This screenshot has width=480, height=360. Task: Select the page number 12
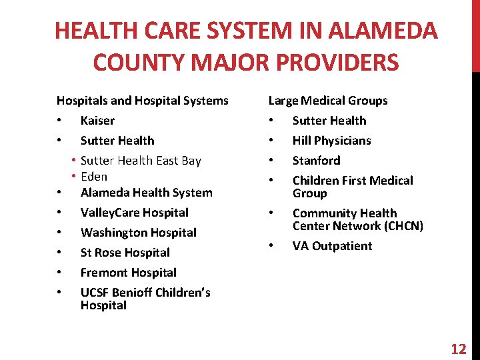coord(459,349)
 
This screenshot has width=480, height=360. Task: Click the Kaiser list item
coord(97,121)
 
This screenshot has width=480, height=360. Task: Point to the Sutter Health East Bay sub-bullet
coord(141,161)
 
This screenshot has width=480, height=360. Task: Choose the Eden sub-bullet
coord(94,177)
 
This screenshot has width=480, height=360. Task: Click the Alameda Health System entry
coord(146,193)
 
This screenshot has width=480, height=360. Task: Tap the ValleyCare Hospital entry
coord(134,213)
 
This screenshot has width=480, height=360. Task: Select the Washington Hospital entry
coord(138,233)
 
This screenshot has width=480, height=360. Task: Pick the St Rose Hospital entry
coord(125,253)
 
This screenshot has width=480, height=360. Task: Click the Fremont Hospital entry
coord(128,273)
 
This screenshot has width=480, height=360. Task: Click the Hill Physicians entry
coord(331,141)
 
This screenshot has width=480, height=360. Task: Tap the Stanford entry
coord(316,161)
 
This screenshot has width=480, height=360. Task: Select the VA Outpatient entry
coord(332,246)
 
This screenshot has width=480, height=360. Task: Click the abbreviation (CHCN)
coord(401,226)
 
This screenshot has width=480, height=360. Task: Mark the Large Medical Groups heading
coord(327,101)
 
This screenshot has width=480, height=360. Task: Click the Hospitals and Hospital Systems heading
coord(142,101)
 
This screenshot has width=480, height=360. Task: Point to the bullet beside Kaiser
coord(59,121)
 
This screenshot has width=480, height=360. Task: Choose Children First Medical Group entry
coord(352,187)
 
